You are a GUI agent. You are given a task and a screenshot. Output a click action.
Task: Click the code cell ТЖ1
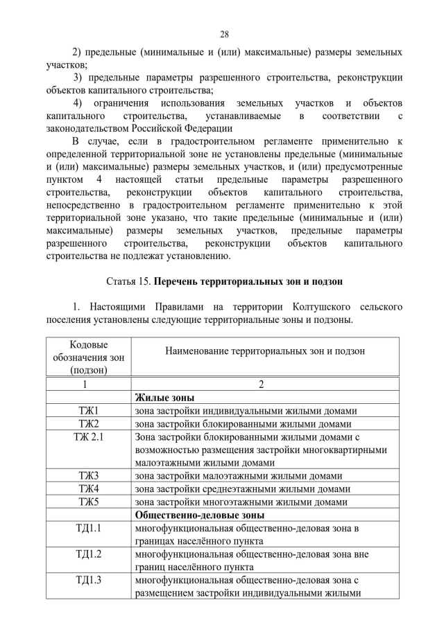88,410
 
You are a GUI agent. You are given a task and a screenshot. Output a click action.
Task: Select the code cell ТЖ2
88,423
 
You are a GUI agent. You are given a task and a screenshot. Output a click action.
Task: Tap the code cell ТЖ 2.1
88,436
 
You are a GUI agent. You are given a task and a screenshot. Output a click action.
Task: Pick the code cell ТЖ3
88,476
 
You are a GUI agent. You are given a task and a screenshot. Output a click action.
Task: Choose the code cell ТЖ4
88,489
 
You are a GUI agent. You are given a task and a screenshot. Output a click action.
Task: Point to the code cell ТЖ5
88,502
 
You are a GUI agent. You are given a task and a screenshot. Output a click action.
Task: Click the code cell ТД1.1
88,529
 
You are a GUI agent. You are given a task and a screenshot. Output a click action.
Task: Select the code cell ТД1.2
88,555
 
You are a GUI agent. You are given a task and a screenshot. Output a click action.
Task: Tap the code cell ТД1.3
88,581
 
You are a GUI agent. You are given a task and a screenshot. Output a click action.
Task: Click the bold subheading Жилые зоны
164,397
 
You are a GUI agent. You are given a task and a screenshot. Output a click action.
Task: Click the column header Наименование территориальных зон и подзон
265,351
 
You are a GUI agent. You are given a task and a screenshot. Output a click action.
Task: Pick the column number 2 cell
265,384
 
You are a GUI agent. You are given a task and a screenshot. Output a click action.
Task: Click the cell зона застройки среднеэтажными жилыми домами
239,489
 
